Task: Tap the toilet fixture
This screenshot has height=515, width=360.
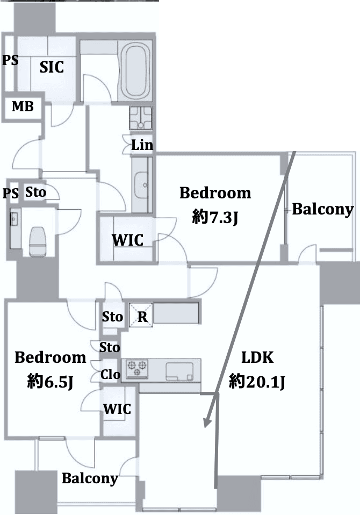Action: pos(38,241)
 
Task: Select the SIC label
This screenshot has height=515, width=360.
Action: pos(52,67)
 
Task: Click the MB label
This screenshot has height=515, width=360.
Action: pos(23,106)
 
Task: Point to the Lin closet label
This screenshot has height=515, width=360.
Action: pos(142,145)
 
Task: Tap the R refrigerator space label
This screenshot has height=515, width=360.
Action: pos(142,317)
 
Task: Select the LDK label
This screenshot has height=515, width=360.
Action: pos(257,357)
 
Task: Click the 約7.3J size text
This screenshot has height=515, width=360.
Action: pos(215,217)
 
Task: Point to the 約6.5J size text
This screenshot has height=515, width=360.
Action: pos(50,381)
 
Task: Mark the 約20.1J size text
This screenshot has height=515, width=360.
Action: pos(257,382)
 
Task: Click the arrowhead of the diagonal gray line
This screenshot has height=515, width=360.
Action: pos(207,423)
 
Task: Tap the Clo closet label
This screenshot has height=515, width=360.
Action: pos(110,375)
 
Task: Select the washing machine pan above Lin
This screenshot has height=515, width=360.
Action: pos(140,118)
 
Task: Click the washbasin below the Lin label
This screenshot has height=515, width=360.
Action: pos(142,185)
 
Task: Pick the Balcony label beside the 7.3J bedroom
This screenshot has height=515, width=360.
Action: pos(323,209)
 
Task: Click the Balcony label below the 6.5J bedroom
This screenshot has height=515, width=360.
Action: pos(90,478)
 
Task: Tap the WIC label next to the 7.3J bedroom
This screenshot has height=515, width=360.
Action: pos(128,240)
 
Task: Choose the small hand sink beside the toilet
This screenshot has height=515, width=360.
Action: pos(14,219)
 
